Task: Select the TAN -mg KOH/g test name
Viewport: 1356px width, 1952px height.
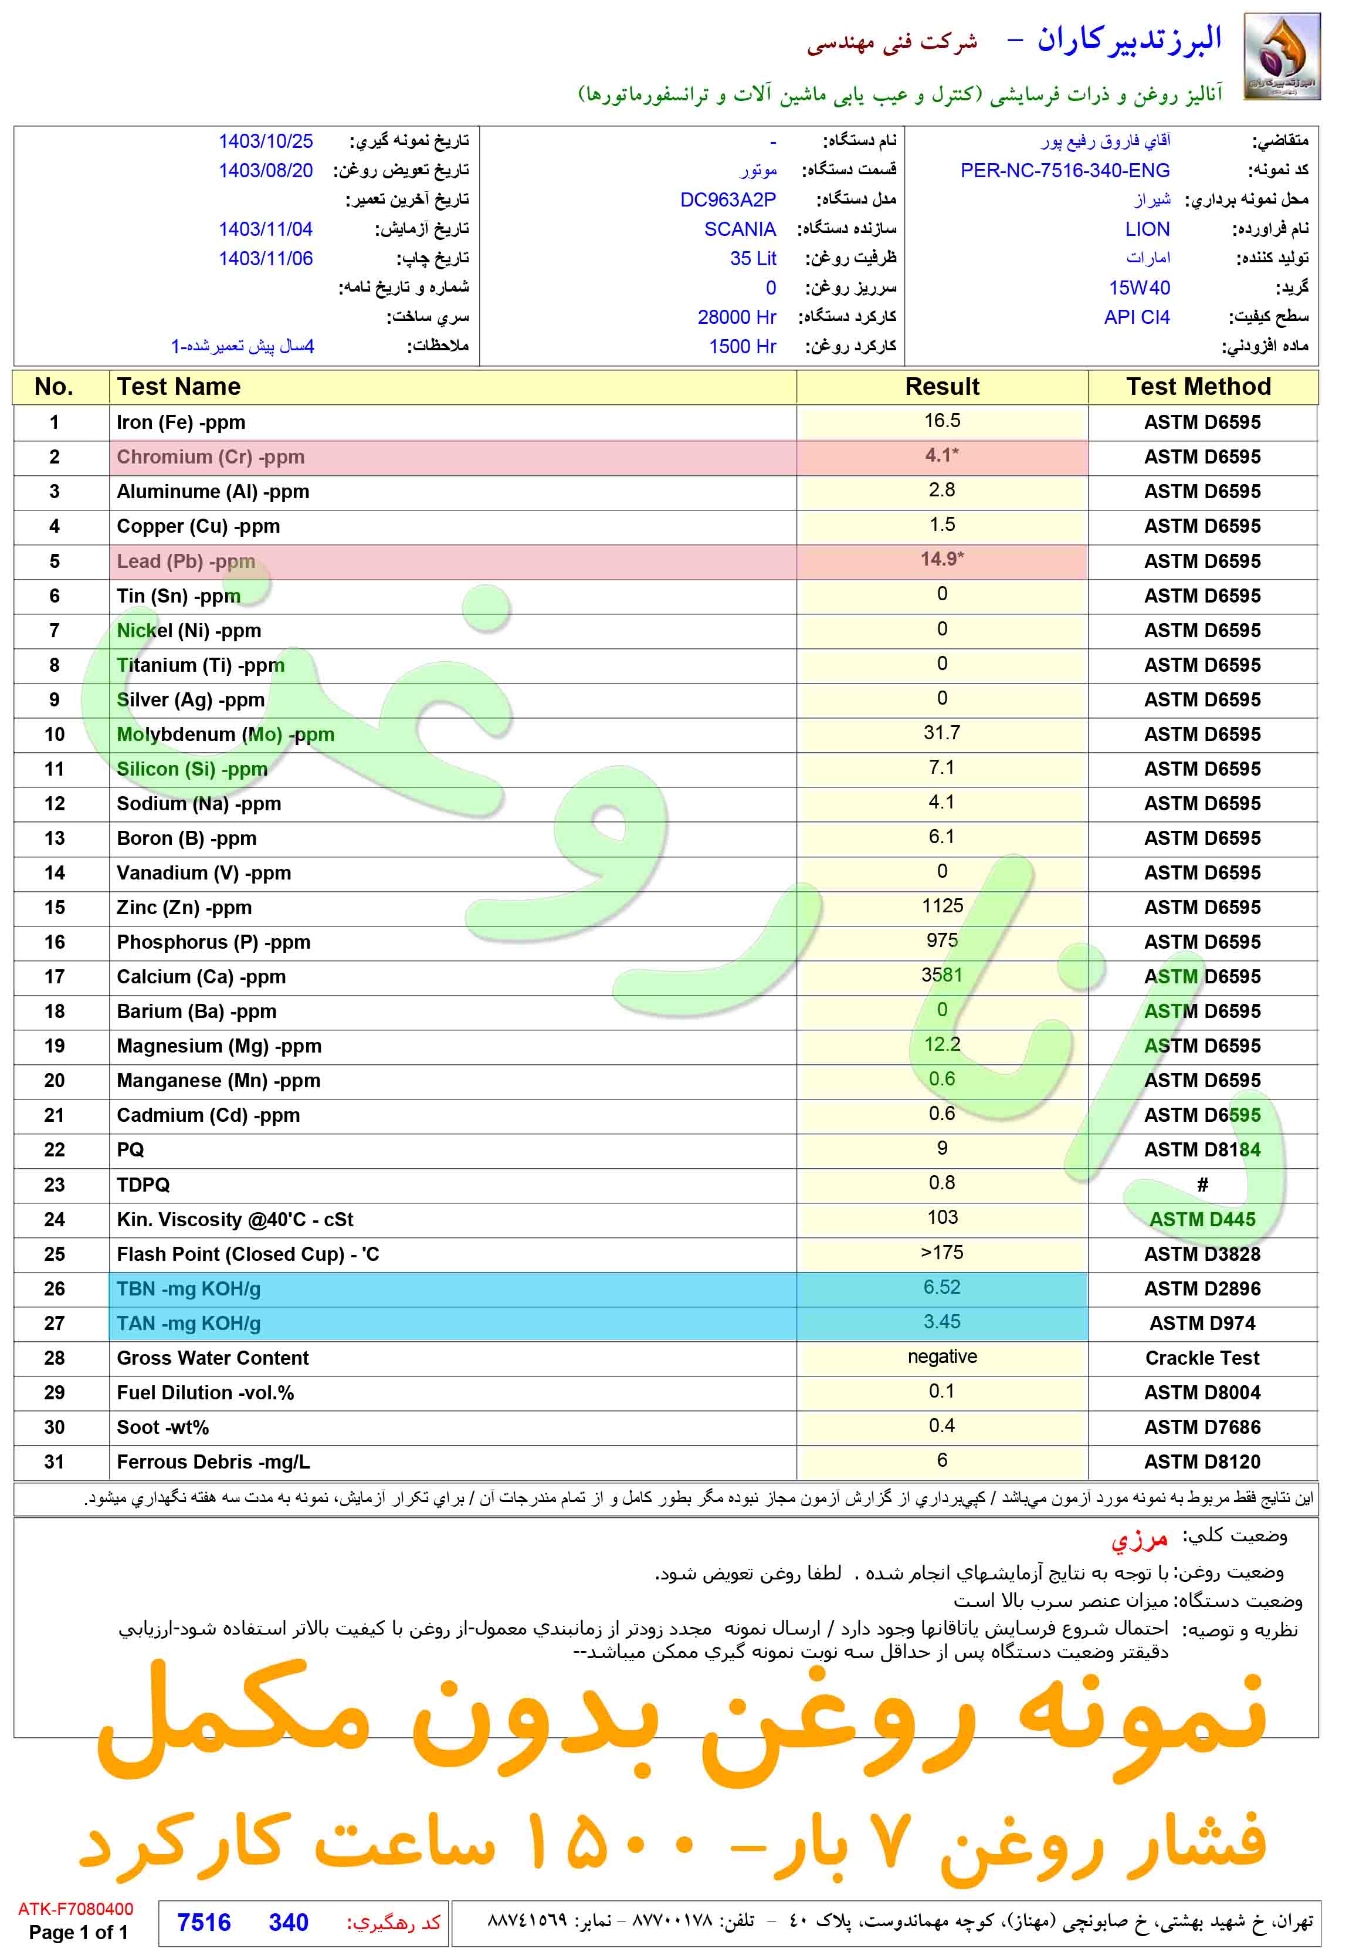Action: [189, 1323]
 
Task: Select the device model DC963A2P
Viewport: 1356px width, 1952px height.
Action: [727, 199]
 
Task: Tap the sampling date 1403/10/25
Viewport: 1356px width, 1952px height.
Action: [265, 141]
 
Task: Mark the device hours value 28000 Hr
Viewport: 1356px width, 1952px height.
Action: [737, 317]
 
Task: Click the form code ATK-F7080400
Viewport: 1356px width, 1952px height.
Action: [76, 1909]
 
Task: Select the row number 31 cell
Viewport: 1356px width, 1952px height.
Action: [55, 1462]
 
